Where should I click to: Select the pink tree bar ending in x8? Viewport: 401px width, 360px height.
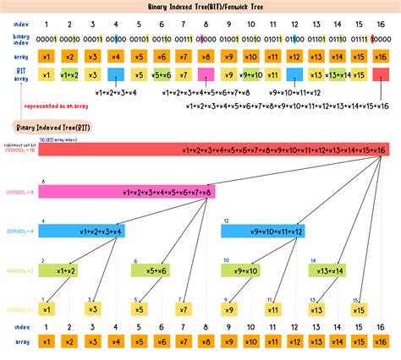[126, 192]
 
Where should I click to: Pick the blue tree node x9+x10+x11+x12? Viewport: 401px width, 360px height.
[263, 230]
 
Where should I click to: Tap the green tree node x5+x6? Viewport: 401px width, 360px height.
[151, 270]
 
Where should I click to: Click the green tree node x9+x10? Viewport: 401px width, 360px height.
[241, 270]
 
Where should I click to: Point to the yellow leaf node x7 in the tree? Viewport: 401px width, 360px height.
[183, 309]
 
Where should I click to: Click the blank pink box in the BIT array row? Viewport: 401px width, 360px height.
[206, 74]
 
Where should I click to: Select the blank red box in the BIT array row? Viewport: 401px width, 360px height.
[381, 74]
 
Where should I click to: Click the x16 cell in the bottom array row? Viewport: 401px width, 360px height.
[381, 341]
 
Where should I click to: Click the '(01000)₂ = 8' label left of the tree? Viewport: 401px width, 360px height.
[19, 192]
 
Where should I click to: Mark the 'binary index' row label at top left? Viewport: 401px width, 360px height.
[20, 39]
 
